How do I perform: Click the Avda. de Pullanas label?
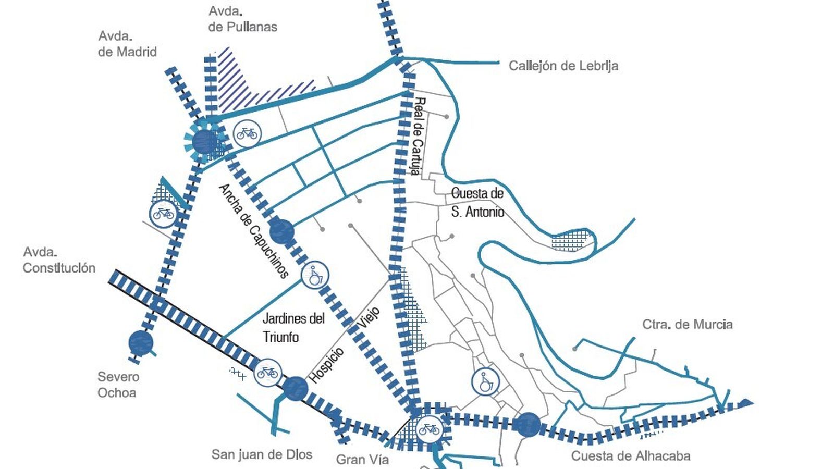click(242, 19)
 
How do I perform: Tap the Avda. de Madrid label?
click(127, 44)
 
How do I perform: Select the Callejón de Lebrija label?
click(563, 66)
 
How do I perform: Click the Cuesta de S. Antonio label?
click(477, 202)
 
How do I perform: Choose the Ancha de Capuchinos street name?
click(253, 230)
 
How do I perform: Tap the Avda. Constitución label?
click(59, 260)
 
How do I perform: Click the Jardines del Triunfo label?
click(293, 327)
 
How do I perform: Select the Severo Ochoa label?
click(118, 385)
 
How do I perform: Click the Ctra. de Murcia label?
click(687, 324)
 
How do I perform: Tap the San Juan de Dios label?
click(262, 454)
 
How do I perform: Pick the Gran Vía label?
click(362, 460)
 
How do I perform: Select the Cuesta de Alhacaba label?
click(631, 456)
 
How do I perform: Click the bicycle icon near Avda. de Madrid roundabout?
click(247, 133)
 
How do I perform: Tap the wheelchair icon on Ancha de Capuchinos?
click(315, 275)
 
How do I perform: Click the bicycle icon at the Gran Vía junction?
click(429, 429)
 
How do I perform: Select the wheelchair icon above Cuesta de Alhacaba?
click(485, 382)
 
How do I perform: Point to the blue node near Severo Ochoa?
click(141, 343)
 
